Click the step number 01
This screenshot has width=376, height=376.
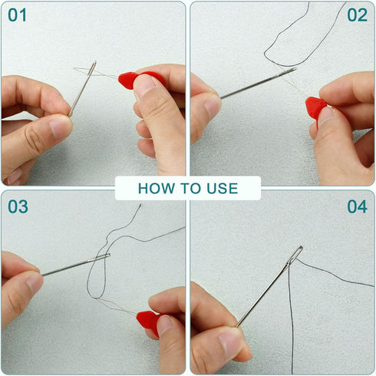coord(17,15)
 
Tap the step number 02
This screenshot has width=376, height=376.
coord(358,15)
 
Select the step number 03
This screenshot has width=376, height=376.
coord(18,206)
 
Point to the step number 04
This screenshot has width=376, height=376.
coord(358,206)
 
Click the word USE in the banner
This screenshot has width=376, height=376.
coord(223,189)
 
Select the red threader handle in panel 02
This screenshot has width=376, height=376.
coord(316,107)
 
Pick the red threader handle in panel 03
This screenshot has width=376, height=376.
coord(147,320)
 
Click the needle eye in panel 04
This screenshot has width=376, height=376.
coord(297,254)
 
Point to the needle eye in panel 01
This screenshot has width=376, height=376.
coord(93,68)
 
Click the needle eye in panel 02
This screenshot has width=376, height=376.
coord(289,71)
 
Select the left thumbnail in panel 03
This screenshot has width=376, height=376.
coord(34,283)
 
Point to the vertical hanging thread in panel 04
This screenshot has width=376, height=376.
coord(291,317)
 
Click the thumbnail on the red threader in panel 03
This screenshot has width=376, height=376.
coord(164,325)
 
